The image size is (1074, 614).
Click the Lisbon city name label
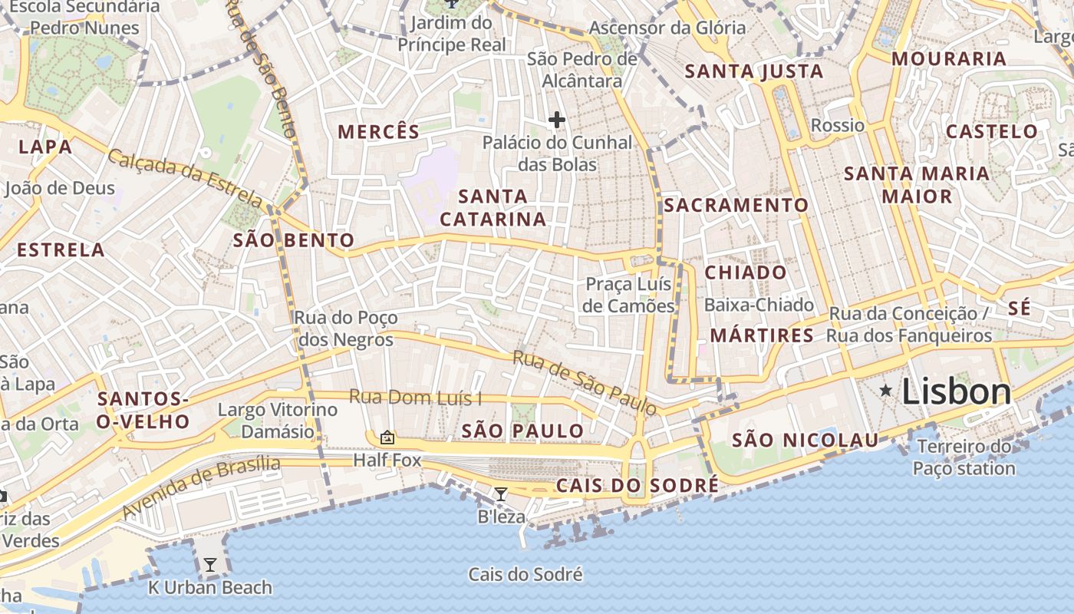pos(956,392)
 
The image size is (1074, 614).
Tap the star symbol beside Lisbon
pos(886,391)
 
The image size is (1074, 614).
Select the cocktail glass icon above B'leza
pos(501,494)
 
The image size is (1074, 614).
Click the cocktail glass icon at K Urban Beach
pos(209,566)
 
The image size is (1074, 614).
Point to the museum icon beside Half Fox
pos(387,437)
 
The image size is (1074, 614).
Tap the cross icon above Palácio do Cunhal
pos(557,120)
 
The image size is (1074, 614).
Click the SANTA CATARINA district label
pos(493,208)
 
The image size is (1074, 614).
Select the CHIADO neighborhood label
pos(745,272)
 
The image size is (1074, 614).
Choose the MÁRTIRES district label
pos(762,335)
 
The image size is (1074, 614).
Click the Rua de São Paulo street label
pos(585,382)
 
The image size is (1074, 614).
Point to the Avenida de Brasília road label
pos(201,486)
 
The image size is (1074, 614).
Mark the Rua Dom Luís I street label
pos(416,398)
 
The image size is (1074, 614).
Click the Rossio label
pos(837,125)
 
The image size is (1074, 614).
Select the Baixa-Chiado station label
pos(759,305)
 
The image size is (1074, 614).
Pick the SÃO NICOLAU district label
pos(805,440)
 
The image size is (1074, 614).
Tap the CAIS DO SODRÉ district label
pos(637,486)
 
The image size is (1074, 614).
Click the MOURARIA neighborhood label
pos(948,59)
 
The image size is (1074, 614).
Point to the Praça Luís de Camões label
pos(628,295)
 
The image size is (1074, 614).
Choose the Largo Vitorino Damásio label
pos(278,420)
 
